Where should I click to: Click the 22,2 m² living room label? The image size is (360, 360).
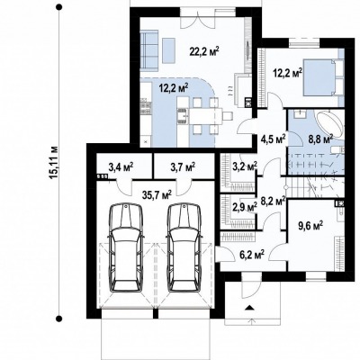[204, 51]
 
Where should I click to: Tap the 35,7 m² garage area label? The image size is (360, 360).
[157, 195]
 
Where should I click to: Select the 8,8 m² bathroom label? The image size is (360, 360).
[320, 139]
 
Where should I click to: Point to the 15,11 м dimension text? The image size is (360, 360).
[54, 162]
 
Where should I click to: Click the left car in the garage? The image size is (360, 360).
[126, 247]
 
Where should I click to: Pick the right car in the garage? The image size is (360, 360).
[184, 247]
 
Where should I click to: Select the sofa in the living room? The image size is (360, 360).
[149, 51]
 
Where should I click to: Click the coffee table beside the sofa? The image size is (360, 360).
[169, 50]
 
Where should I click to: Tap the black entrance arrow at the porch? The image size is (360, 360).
[249, 308]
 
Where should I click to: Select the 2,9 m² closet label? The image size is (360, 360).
[245, 207]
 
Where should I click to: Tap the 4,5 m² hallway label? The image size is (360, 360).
[273, 139]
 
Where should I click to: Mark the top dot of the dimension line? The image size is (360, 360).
[59, 6]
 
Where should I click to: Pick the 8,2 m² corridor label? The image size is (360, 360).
[273, 201]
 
